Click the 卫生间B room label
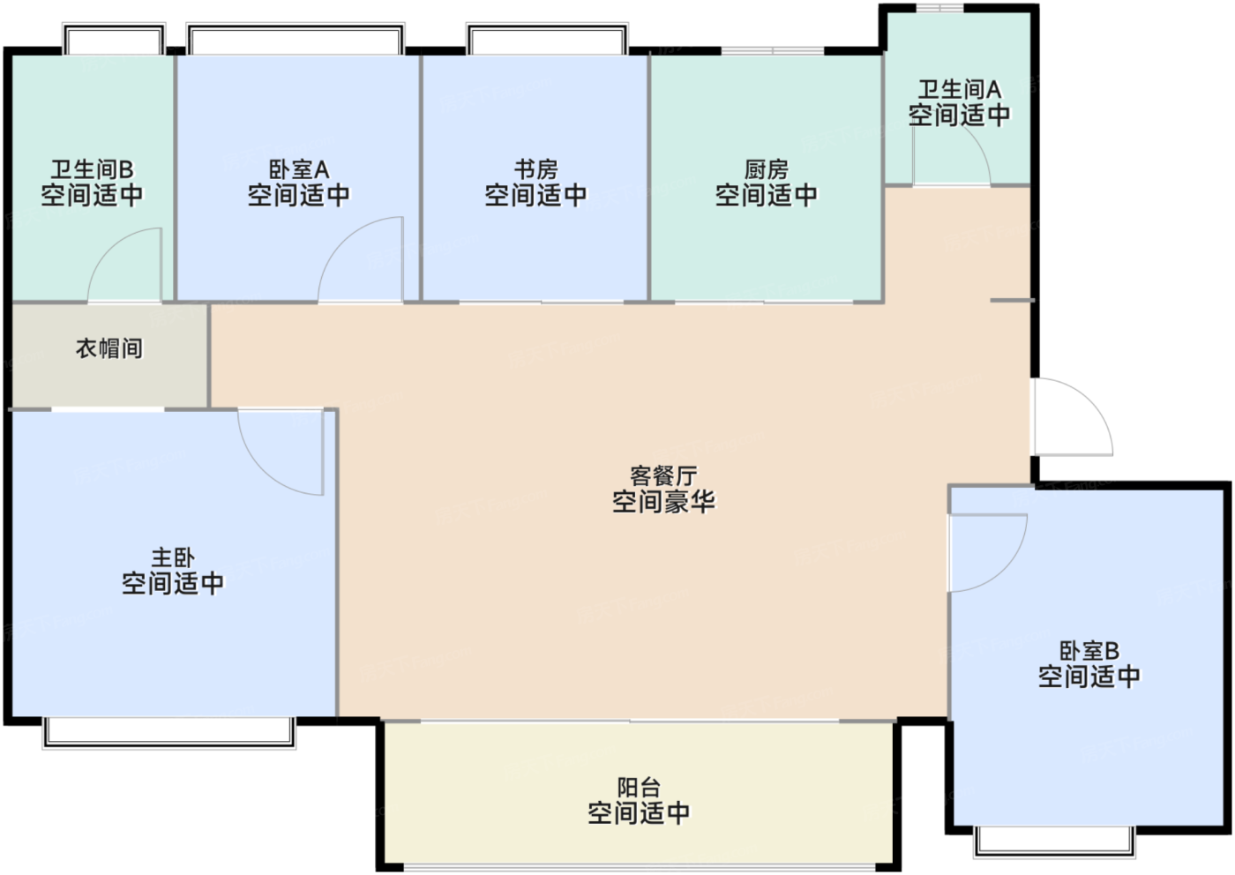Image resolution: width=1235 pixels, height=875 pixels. click(92, 169)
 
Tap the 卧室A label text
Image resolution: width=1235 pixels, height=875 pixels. click(299, 169)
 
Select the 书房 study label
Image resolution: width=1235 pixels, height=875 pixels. click(536, 169)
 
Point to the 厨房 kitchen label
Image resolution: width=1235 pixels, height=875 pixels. click(767, 169)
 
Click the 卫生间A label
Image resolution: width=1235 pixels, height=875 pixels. click(960, 89)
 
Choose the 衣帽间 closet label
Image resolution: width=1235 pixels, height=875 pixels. click(109, 348)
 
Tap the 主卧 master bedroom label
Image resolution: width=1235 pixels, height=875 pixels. click(173, 557)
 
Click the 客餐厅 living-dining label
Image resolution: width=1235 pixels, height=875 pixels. click(663, 475)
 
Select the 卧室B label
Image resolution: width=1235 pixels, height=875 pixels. click(1089, 651)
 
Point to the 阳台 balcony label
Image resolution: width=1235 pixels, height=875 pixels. click(639, 788)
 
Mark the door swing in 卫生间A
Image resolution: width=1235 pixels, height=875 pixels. click(976, 145)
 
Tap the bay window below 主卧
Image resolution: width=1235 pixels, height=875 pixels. click(169, 732)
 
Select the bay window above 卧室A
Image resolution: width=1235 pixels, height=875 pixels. click(296, 39)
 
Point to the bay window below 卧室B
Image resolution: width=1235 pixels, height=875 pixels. click(1055, 841)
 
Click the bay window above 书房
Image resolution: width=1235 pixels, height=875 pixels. click(547, 39)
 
